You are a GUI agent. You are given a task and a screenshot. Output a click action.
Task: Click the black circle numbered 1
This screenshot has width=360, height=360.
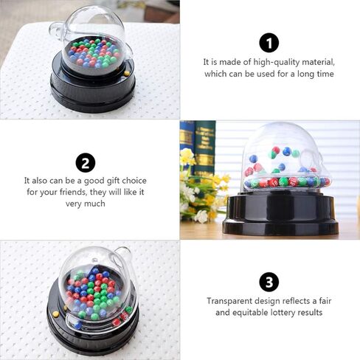[x=269, y=43]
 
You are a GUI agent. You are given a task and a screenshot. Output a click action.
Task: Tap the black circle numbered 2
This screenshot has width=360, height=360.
[x=86, y=163]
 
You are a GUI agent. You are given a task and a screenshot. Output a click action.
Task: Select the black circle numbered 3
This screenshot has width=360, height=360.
[x=269, y=282]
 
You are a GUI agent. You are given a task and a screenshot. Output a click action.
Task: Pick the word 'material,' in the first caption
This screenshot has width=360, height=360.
[x=319, y=62]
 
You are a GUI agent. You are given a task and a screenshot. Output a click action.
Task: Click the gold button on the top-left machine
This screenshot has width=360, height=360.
[x=127, y=73]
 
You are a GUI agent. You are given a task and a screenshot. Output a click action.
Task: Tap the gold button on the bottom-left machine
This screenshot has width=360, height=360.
[x=56, y=314]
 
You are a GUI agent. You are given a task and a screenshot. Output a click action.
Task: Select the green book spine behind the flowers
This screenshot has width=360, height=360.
[x=204, y=148]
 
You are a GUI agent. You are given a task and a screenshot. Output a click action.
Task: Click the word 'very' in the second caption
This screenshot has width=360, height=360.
[x=74, y=204]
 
